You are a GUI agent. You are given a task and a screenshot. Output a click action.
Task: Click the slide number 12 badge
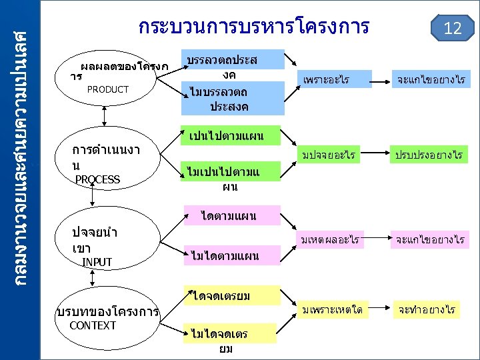453,29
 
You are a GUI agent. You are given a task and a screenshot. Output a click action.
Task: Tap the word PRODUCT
108,89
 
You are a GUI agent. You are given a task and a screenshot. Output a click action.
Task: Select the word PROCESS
97,179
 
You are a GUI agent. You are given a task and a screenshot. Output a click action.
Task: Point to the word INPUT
97,262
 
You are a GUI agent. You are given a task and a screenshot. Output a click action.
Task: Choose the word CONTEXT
93,325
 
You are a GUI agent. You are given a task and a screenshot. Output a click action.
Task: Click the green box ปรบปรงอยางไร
429,156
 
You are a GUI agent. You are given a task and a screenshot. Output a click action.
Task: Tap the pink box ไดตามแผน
229,215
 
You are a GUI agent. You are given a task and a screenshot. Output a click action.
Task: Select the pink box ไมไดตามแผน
225,255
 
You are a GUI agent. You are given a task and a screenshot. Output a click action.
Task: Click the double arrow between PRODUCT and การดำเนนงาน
105,115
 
